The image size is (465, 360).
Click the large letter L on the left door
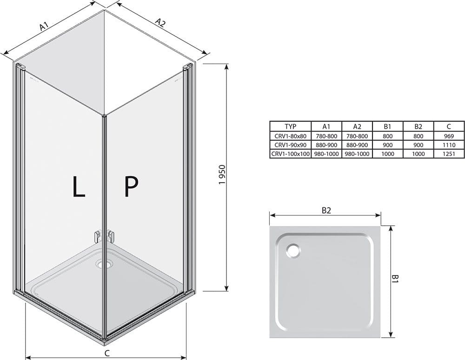coord(78,186)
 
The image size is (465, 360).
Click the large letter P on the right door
coord(131,186)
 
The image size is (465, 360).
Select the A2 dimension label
coord(160,22)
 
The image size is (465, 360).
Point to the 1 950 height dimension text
coord(223,175)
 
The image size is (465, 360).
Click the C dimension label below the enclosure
coord(107,353)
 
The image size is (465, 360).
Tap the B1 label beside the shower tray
coord(395,279)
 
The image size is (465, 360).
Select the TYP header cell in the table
coord(290,126)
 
